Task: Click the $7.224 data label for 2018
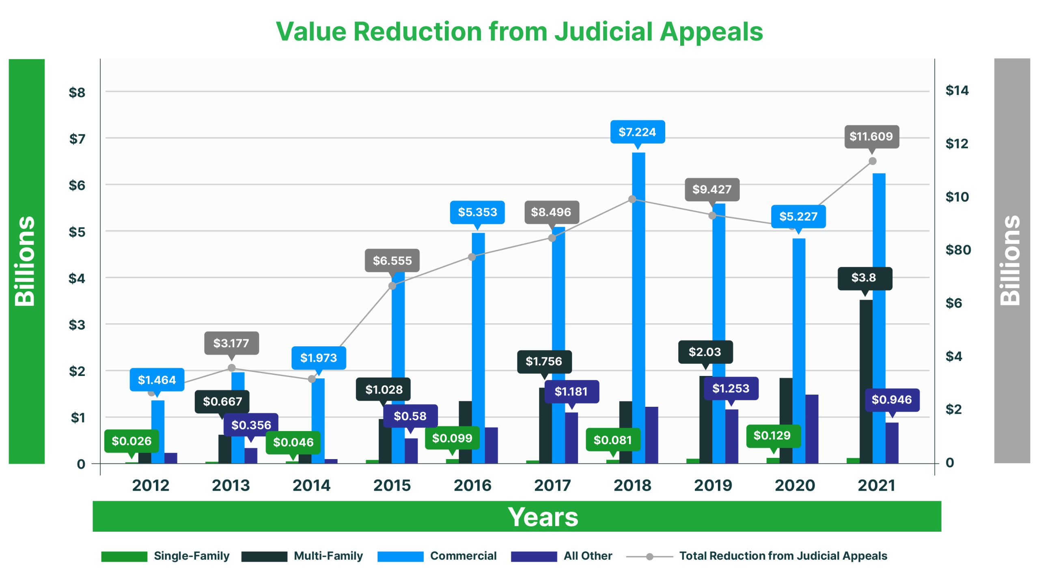pyautogui.click(x=637, y=132)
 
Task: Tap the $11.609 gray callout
pyautogui.click(x=871, y=136)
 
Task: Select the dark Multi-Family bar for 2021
pyautogui.click(x=866, y=381)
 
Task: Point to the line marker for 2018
pyautogui.click(x=632, y=199)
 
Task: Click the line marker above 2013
pyautogui.click(x=231, y=368)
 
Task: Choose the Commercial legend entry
pyautogui.click(x=463, y=556)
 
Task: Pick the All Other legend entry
pyautogui.click(x=587, y=556)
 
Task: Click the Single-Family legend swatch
pyautogui.click(x=124, y=556)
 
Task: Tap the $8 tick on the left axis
pyautogui.click(x=77, y=92)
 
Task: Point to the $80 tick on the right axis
pyautogui.click(x=958, y=250)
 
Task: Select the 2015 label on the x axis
pyautogui.click(x=392, y=485)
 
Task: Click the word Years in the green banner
pyautogui.click(x=543, y=517)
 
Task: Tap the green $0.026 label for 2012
pyautogui.click(x=131, y=441)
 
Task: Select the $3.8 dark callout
pyautogui.click(x=864, y=278)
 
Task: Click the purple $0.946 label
pyautogui.click(x=892, y=400)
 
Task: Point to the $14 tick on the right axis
pyautogui.click(x=957, y=90)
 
